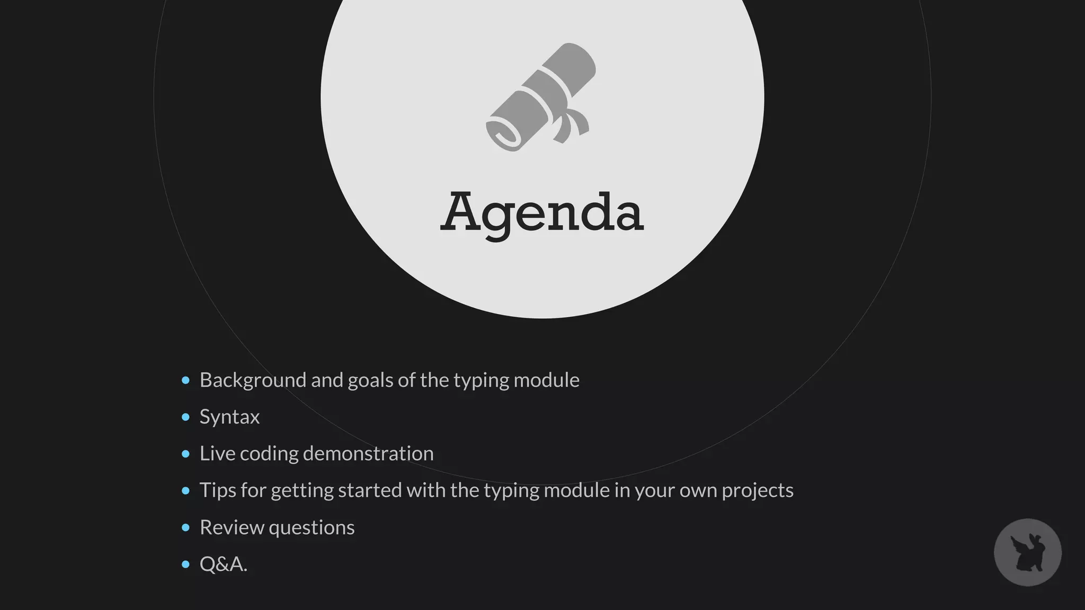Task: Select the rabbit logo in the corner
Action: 1027,552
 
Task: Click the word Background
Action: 253,380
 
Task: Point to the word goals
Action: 370,380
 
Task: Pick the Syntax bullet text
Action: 229,417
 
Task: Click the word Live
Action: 217,454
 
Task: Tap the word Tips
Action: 217,490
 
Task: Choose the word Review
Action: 232,527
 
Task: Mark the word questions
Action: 312,527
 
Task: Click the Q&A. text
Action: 223,564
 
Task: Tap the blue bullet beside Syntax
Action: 185,417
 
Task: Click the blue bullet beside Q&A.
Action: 185,564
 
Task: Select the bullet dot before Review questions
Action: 185,527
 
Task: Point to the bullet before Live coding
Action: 185,454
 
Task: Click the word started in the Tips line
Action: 370,490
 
